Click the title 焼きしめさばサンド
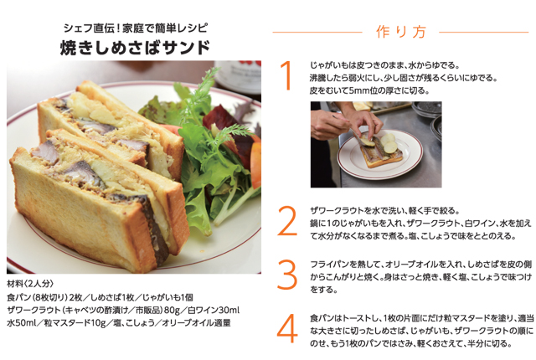click(x=133, y=47)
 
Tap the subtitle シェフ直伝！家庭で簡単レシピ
click(x=134, y=25)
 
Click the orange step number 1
click(x=287, y=75)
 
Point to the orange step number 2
click(x=287, y=221)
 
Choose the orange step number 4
click(x=287, y=328)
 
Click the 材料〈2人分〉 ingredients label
click(x=33, y=283)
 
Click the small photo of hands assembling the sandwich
click(x=375, y=143)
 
